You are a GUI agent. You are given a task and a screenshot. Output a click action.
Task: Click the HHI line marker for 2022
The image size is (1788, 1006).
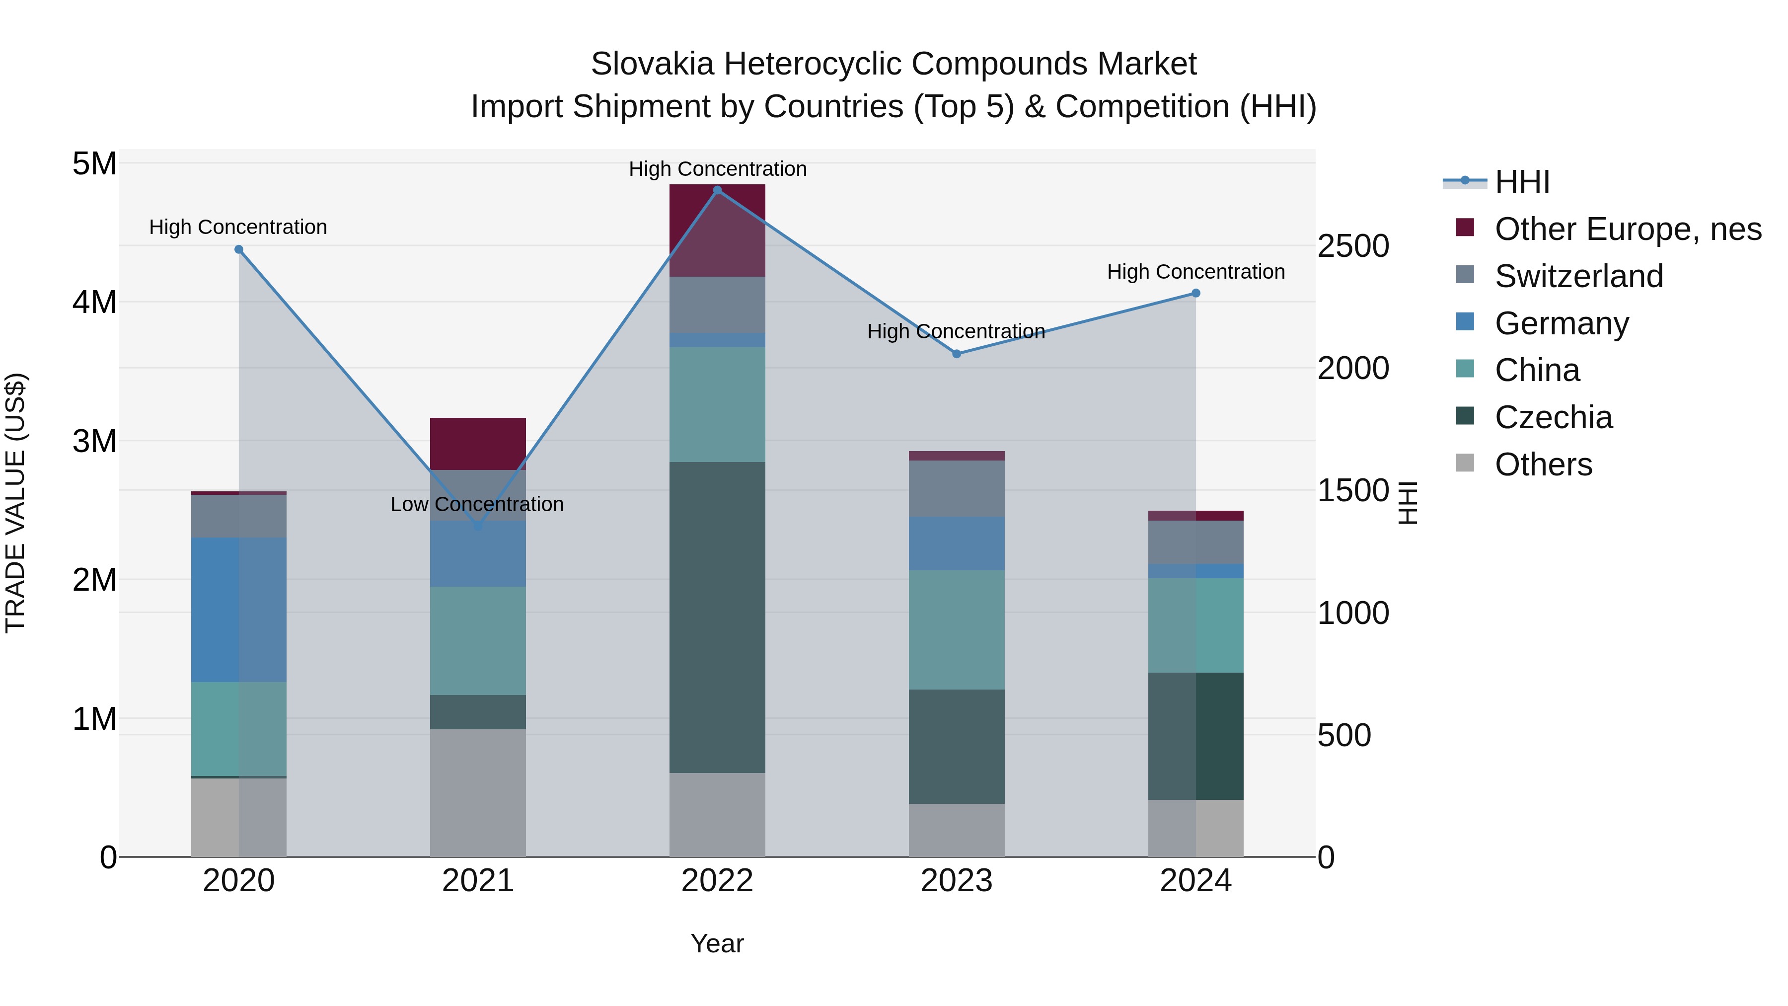717,190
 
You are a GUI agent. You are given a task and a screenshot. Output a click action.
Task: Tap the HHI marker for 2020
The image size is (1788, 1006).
239,249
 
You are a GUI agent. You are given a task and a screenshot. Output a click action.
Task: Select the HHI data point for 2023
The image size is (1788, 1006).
957,354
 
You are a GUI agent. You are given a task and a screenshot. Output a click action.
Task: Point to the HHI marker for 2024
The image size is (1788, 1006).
1195,293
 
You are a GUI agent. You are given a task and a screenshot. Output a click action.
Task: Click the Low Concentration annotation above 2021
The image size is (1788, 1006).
477,504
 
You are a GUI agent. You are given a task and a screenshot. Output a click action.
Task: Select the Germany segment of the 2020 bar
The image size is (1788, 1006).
239,610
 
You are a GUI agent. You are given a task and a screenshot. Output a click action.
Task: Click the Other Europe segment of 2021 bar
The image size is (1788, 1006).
477,444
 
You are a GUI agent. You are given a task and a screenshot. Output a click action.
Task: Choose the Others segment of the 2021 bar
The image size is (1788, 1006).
477,792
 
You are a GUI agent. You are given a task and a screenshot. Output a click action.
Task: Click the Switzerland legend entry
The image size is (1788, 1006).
1578,276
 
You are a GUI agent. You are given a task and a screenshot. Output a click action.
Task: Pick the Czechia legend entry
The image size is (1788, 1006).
1554,417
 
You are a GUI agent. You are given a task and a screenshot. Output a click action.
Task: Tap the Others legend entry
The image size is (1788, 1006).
1543,464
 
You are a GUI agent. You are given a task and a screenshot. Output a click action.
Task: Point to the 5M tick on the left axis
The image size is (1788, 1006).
94,164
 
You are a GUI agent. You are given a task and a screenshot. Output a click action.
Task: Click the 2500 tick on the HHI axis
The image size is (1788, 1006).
1353,246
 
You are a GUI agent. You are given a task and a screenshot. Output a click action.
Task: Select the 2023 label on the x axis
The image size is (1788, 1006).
957,881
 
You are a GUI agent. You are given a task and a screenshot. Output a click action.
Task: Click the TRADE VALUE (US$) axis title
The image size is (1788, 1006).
15,503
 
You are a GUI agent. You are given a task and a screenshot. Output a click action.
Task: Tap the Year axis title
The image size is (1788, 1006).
717,943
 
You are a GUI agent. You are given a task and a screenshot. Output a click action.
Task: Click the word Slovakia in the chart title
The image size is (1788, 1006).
652,64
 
